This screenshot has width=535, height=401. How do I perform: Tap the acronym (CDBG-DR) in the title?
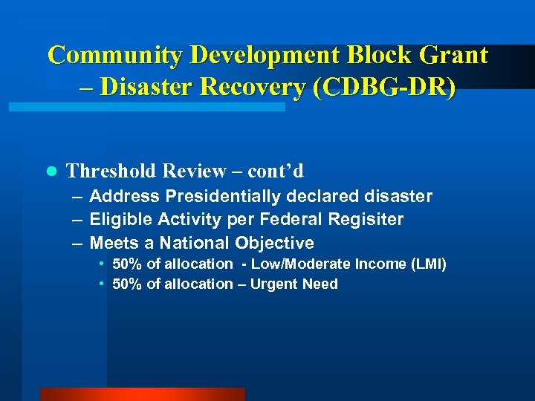[x=385, y=88]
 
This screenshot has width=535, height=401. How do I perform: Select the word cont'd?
[x=276, y=172]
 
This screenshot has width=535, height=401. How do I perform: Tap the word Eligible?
[x=116, y=220]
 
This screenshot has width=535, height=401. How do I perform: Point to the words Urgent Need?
[x=294, y=284]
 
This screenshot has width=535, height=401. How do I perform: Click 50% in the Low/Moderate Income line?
[x=127, y=264]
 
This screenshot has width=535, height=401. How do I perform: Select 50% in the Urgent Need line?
[x=127, y=284]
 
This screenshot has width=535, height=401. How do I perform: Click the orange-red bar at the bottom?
[x=142, y=394]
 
